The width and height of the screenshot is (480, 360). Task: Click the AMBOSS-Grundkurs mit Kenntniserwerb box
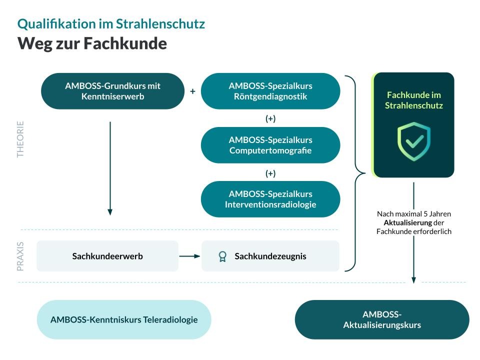(x=112, y=91)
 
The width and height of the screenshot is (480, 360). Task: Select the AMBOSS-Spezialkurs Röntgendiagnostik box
(x=270, y=91)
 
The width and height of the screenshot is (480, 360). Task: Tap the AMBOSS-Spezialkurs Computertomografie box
(x=270, y=145)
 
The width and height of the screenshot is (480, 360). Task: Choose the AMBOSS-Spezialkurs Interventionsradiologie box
(x=270, y=199)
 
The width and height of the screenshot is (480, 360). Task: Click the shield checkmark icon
(x=414, y=141)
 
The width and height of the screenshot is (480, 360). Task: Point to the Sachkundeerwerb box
(x=107, y=256)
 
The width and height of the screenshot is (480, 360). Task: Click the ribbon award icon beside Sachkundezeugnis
(x=222, y=256)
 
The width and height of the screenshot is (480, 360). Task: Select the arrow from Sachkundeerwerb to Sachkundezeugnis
(x=189, y=256)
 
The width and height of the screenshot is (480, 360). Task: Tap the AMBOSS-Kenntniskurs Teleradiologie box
(x=124, y=319)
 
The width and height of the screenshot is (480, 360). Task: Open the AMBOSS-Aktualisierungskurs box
(x=382, y=319)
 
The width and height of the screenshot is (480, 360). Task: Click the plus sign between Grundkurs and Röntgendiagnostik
(x=192, y=91)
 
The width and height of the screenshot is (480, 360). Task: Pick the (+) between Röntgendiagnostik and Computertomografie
(x=270, y=118)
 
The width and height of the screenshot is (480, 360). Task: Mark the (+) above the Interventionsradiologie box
(x=270, y=173)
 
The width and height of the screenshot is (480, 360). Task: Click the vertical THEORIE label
(x=20, y=139)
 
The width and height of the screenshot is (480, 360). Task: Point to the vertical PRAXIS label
(x=20, y=256)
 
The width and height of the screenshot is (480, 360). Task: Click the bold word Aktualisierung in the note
(x=408, y=222)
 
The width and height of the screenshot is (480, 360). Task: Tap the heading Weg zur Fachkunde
(x=92, y=43)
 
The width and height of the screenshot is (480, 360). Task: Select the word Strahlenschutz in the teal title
(x=160, y=24)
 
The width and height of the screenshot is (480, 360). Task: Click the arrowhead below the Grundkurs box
(x=110, y=212)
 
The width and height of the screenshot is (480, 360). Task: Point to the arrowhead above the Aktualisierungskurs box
(x=413, y=280)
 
